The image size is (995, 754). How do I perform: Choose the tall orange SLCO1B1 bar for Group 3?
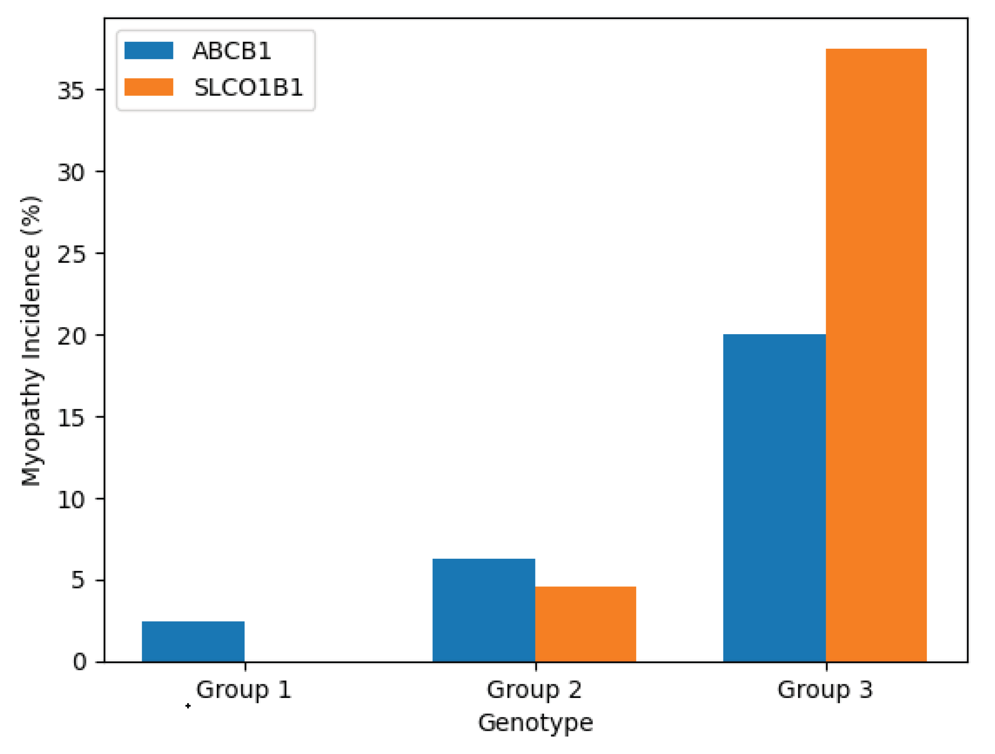[876, 355]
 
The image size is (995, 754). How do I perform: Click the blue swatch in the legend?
[149, 50]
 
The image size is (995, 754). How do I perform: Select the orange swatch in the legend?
[149, 87]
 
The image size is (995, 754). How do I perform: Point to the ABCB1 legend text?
[232, 51]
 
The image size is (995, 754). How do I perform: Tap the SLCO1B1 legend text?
[248, 87]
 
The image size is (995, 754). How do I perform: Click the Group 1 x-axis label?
[244, 690]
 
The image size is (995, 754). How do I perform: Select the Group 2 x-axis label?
[534, 690]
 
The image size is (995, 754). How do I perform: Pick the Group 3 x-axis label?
[825, 690]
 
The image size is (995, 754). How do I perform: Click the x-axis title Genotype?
[535, 723]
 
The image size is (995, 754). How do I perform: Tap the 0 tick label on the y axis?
[79, 662]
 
